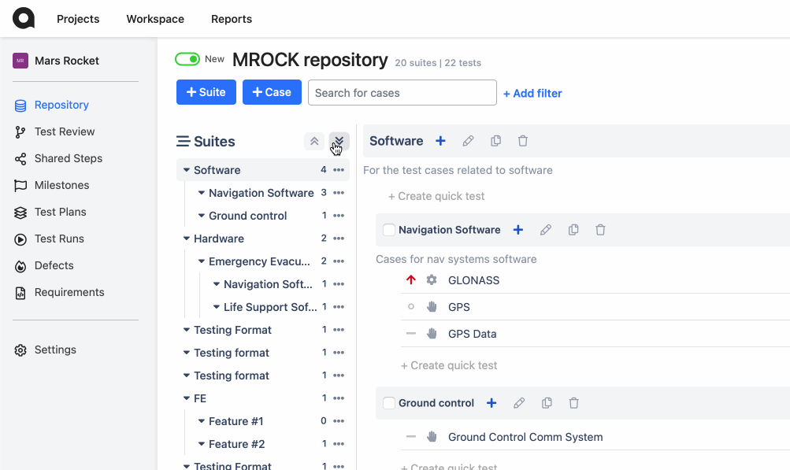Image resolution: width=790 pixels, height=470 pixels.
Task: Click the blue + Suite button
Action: (x=206, y=92)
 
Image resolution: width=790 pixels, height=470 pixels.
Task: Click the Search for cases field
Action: (x=402, y=93)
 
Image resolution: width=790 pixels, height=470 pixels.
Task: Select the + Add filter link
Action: (x=532, y=93)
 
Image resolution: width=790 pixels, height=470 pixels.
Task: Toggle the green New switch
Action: (x=187, y=60)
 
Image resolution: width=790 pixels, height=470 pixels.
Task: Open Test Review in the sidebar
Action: (x=65, y=131)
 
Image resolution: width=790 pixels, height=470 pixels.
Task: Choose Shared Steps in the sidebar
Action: (x=68, y=158)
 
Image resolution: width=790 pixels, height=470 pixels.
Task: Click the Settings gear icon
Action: (x=20, y=350)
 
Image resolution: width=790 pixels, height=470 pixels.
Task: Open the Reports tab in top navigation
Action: (x=232, y=19)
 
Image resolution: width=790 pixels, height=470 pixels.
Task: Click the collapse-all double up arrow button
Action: (x=314, y=141)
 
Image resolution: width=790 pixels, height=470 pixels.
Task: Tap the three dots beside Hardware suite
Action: (x=339, y=239)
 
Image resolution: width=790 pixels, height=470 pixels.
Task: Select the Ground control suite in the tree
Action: (x=248, y=216)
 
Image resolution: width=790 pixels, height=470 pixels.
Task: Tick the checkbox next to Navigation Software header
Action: (x=389, y=230)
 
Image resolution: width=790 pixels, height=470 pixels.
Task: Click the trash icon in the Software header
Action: (x=523, y=141)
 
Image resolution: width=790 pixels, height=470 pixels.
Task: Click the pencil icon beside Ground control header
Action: (x=519, y=403)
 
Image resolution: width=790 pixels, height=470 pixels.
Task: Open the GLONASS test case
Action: (x=473, y=280)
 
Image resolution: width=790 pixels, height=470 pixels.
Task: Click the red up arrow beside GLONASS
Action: (x=411, y=279)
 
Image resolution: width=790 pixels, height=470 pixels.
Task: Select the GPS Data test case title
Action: (x=472, y=334)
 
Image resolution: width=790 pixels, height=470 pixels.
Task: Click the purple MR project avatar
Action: (x=20, y=61)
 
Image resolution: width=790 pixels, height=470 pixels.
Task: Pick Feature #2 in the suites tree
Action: (x=237, y=444)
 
